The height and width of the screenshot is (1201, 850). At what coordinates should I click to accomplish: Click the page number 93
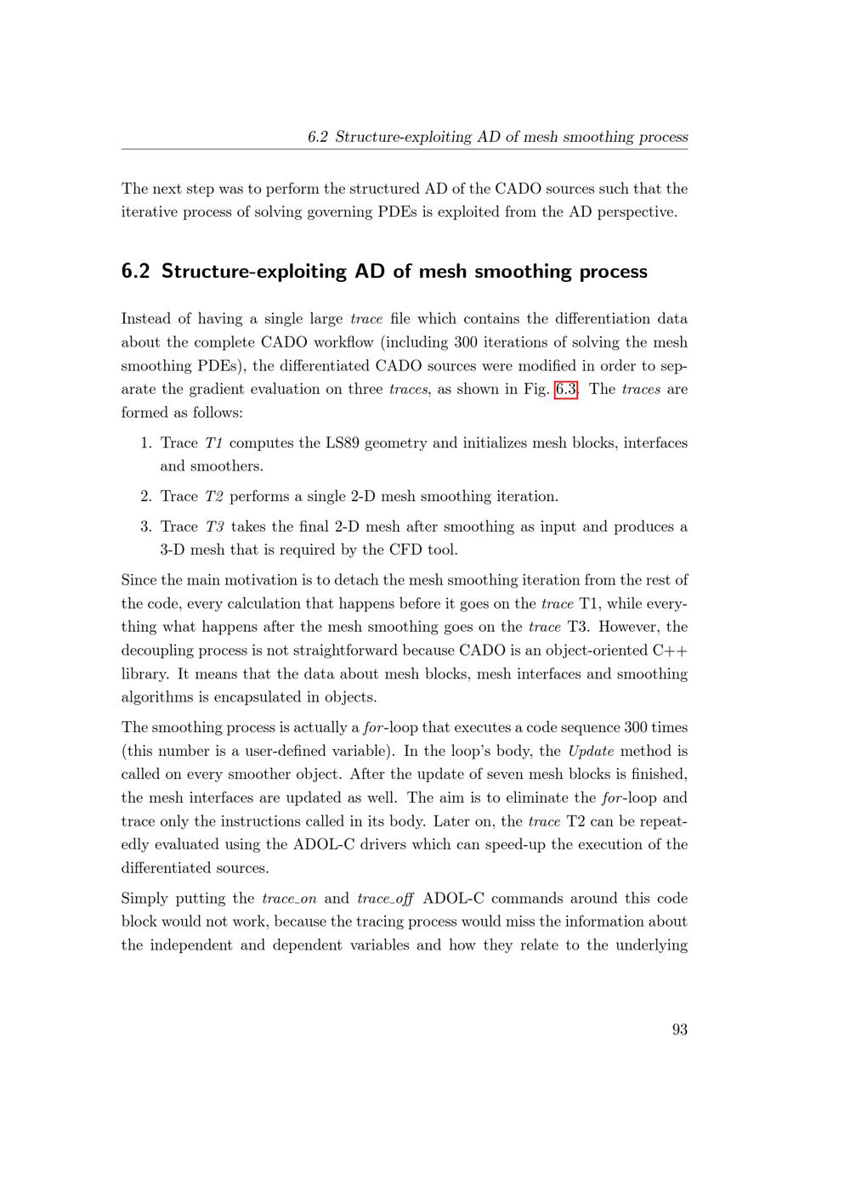[679, 1029]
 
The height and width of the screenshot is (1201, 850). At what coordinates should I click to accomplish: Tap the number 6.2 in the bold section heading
[135, 272]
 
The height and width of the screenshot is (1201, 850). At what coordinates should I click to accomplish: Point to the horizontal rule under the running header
[405, 149]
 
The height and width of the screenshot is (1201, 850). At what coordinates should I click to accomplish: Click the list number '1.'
[146, 443]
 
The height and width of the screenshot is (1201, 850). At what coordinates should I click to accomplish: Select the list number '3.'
[146, 527]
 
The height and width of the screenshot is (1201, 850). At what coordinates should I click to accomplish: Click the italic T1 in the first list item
[214, 443]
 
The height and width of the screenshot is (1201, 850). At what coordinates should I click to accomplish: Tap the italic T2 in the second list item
[214, 496]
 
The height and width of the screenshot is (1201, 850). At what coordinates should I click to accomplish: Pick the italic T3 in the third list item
[215, 527]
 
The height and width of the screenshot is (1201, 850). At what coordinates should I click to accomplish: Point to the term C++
[670, 651]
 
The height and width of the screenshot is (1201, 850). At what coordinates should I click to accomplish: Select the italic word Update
[590, 751]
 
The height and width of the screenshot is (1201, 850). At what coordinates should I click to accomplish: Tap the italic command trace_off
[385, 899]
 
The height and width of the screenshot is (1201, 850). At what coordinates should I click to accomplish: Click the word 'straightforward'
[344, 651]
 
